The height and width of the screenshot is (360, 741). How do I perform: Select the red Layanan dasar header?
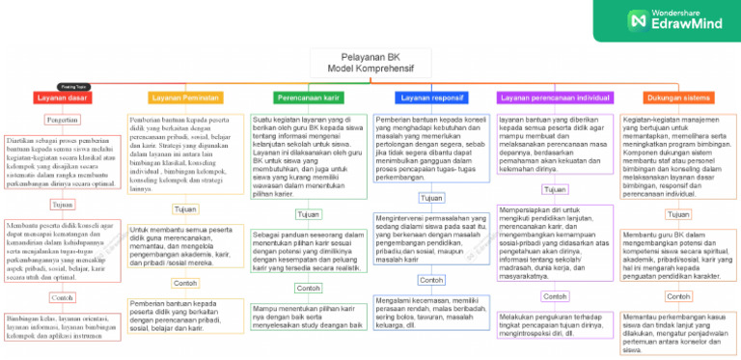[63, 97]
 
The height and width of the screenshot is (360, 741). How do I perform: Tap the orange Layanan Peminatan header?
[184, 97]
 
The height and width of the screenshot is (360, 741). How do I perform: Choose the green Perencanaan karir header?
[308, 97]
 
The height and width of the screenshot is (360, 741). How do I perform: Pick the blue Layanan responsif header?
[431, 97]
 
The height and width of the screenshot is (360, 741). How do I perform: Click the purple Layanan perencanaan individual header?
[555, 97]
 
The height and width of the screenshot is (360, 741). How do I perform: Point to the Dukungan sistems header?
[679, 97]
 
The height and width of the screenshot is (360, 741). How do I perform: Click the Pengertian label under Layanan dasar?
[63, 120]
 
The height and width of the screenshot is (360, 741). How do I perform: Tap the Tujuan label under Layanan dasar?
[63, 205]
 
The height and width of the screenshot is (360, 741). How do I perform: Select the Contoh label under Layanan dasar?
[63, 297]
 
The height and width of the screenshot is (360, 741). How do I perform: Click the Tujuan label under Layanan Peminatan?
[184, 208]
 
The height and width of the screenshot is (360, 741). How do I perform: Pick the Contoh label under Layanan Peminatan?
[184, 256]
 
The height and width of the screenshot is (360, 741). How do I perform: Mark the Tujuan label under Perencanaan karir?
[309, 214]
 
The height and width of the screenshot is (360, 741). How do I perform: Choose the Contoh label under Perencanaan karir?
[309, 262]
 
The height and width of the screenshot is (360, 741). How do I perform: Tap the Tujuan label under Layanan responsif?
[431, 197]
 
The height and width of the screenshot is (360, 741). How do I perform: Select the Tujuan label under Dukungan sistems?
[679, 214]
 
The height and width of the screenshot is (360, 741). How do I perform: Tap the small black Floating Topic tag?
[72, 86]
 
